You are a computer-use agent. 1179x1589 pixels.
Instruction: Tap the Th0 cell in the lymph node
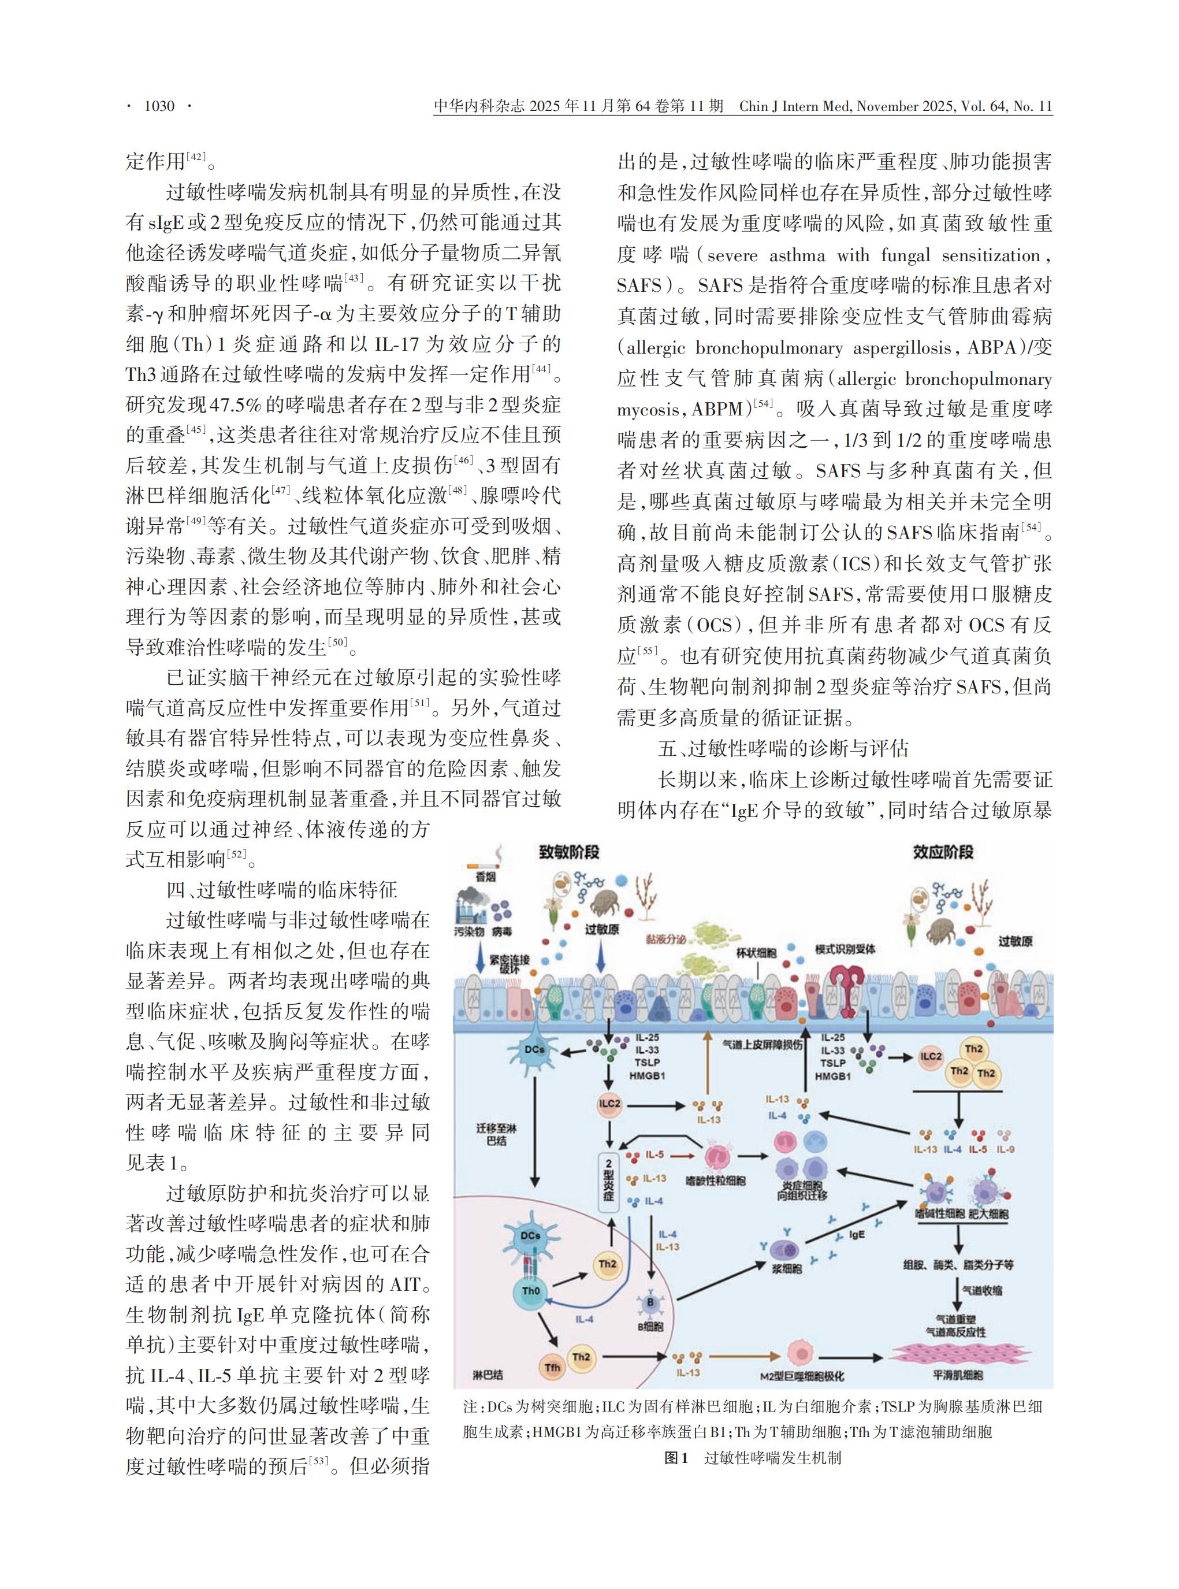[531, 1291]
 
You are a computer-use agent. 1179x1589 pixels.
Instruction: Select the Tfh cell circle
[552, 1367]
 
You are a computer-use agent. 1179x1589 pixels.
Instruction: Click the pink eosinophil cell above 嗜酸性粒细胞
[716, 1156]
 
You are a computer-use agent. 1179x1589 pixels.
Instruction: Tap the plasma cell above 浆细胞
[785, 1250]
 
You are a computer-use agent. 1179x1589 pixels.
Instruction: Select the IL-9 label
[1005, 1149]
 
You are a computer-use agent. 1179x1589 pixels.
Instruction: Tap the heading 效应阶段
[943, 852]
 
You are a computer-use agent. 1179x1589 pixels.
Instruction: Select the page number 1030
[158, 106]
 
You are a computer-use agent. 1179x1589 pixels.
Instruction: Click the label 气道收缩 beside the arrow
[982, 1291]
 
